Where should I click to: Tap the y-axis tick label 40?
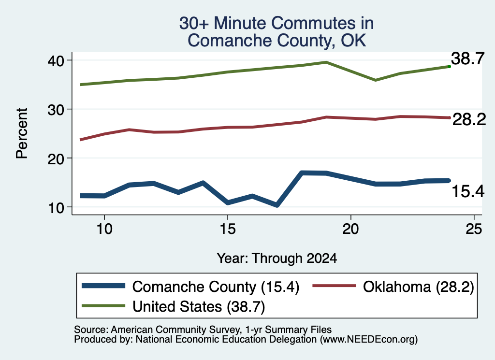[x=56, y=61]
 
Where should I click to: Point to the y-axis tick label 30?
[x=56, y=110]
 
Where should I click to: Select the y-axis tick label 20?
[x=56, y=159]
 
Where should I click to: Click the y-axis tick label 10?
[x=56, y=208]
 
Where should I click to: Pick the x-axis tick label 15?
[x=228, y=229]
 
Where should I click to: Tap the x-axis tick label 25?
[x=474, y=229]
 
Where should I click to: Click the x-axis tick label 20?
[x=351, y=229]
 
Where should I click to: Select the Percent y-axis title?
[x=22, y=133]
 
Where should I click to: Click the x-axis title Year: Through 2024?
[x=277, y=258]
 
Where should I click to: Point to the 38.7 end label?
[x=467, y=58]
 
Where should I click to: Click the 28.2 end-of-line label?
[x=469, y=119]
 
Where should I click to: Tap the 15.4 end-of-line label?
[x=468, y=191]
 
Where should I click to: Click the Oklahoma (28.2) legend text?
[x=419, y=287]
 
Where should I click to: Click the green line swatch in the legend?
[x=103, y=305]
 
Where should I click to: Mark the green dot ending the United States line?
[x=449, y=67]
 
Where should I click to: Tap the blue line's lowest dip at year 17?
[x=277, y=205]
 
